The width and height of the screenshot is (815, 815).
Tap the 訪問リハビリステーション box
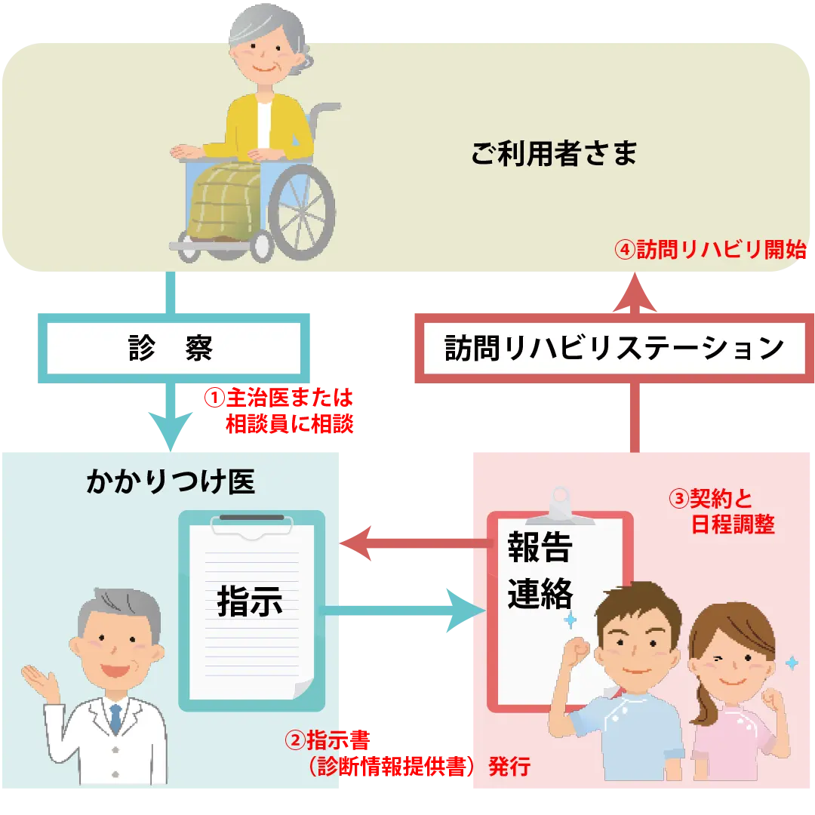[613, 349]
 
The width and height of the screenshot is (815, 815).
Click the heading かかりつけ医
[171, 482]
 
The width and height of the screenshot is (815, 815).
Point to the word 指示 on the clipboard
[250, 601]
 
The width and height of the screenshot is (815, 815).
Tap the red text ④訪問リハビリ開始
[710, 250]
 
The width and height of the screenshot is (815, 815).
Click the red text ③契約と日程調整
[721, 512]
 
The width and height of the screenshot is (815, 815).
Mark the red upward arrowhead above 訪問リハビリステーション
[632, 292]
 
